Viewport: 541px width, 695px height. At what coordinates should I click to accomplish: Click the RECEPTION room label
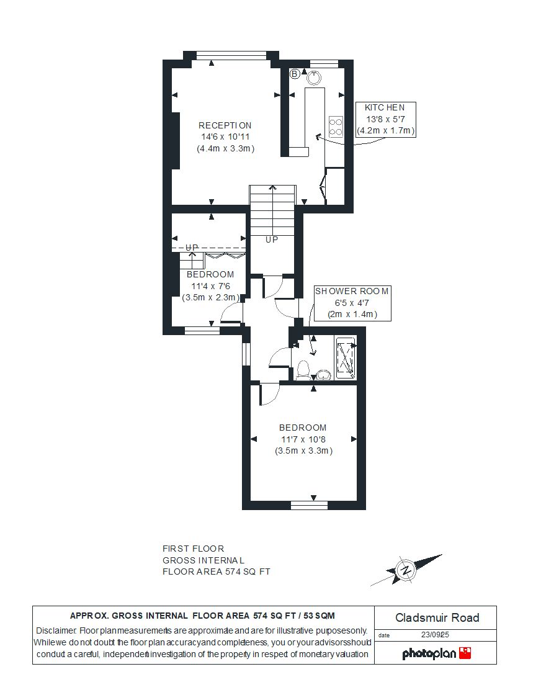click(225, 125)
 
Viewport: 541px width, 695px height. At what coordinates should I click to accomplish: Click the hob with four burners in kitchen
click(336, 127)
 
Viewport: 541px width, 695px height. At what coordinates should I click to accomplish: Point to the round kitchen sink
click(314, 78)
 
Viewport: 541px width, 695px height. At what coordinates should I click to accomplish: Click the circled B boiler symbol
click(295, 74)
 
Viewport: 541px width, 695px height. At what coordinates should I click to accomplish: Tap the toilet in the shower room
click(303, 370)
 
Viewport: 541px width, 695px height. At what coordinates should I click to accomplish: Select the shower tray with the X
click(346, 358)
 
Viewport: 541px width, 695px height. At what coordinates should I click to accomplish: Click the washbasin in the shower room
click(324, 375)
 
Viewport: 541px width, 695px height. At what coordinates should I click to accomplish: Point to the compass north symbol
click(406, 570)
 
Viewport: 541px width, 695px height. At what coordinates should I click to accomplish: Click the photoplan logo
click(436, 653)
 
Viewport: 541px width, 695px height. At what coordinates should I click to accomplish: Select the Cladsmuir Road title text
click(437, 617)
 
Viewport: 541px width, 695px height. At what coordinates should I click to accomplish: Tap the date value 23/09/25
click(435, 635)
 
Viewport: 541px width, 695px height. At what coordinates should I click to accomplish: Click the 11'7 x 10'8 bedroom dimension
click(303, 439)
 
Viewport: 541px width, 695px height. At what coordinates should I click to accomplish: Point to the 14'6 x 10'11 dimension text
click(225, 137)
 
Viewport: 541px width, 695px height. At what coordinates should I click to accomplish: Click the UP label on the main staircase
click(272, 240)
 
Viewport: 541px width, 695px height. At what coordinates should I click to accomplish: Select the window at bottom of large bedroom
click(309, 505)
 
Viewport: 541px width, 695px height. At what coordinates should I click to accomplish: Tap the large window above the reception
click(231, 55)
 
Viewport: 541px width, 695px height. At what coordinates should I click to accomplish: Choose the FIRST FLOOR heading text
click(193, 549)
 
